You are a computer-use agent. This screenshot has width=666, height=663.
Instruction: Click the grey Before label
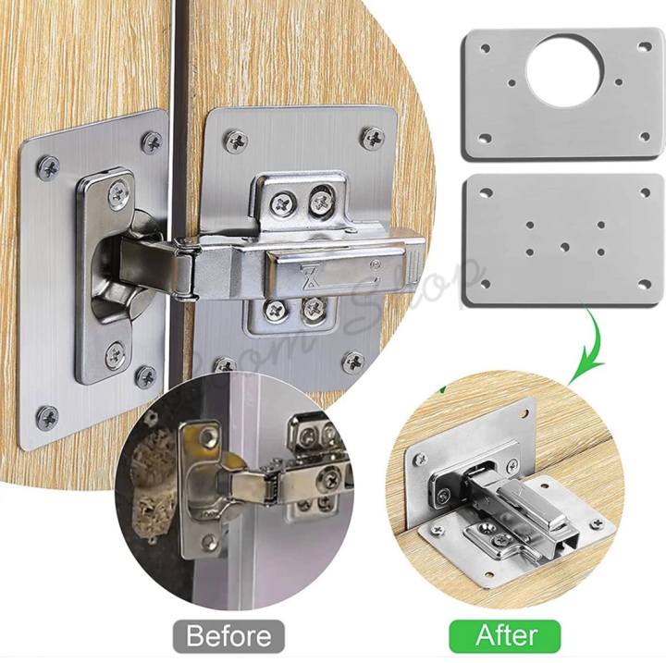click(x=228, y=635)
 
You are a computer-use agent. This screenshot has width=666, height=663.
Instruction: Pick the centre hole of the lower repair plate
click(x=564, y=247)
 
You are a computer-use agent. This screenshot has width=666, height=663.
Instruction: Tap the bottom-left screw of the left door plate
click(x=47, y=417)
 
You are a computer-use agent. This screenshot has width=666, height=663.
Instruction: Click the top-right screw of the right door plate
click(x=374, y=139)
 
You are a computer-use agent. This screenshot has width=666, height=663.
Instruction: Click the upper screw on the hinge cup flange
click(x=118, y=193)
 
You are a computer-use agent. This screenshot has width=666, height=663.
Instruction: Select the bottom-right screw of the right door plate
click(x=352, y=362)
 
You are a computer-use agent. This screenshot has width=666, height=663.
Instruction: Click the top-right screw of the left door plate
click(x=151, y=142)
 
